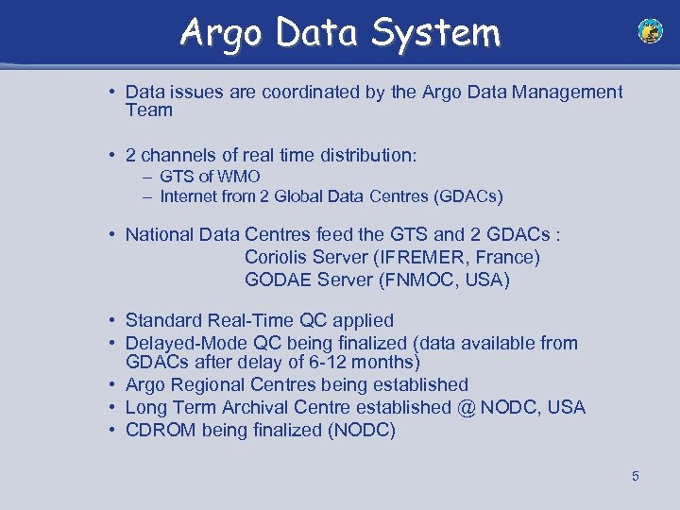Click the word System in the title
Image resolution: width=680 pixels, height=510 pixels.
(x=436, y=33)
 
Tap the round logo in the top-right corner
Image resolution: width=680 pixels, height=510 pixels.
(x=650, y=31)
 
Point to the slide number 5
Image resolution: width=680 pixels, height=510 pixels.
(x=635, y=476)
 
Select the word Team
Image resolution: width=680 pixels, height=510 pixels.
(x=149, y=110)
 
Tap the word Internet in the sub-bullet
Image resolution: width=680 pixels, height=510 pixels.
(x=189, y=196)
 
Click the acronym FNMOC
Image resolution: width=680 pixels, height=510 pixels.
(x=418, y=280)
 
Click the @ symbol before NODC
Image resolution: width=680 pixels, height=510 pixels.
(x=465, y=408)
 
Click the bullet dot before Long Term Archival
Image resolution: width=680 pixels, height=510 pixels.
(x=111, y=408)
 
